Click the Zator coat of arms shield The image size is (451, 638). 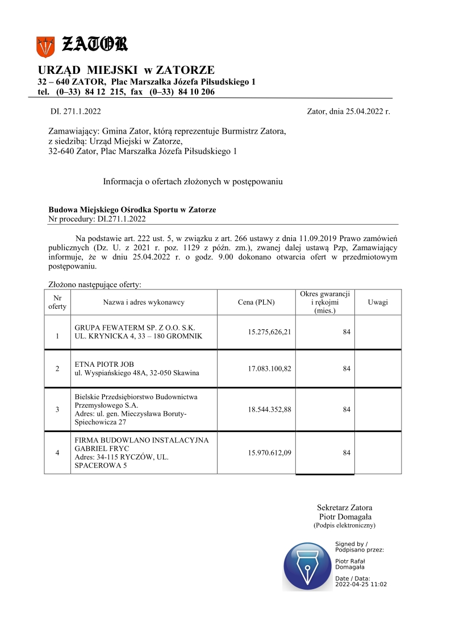pyautogui.click(x=45, y=46)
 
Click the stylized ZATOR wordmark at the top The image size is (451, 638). pyautogui.click(x=94, y=44)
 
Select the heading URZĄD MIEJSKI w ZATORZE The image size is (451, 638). pyautogui.click(x=126, y=70)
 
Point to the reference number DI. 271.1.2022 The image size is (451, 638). pyautogui.click(x=76, y=111)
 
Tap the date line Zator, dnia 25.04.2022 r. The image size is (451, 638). pyautogui.click(x=348, y=111)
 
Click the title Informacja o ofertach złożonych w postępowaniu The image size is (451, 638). pyautogui.click(x=193, y=182)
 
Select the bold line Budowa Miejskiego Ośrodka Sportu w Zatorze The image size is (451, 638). pyautogui.click(x=132, y=210)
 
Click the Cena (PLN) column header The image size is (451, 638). pyautogui.click(x=256, y=302)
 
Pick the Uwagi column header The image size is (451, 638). pyautogui.click(x=378, y=302)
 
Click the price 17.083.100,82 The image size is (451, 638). pyautogui.click(x=270, y=368)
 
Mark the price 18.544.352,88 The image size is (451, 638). pyautogui.click(x=270, y=409)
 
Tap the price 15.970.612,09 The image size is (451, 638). pyautogui.click(x=270, y=453)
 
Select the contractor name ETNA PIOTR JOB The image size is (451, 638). pyautogui.click(x=105, y=364)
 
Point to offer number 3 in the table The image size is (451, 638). pyautogui.click(x=57, y=409)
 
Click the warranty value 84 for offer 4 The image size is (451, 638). pyautogui.click(x=346, y=453)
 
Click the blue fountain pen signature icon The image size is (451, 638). pyautogui.click(x=307, y=566)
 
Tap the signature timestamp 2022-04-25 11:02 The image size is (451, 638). pyautogui.click(x=361, y=584)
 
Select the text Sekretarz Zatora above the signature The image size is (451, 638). pyautogui.click(x=345, y=507)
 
